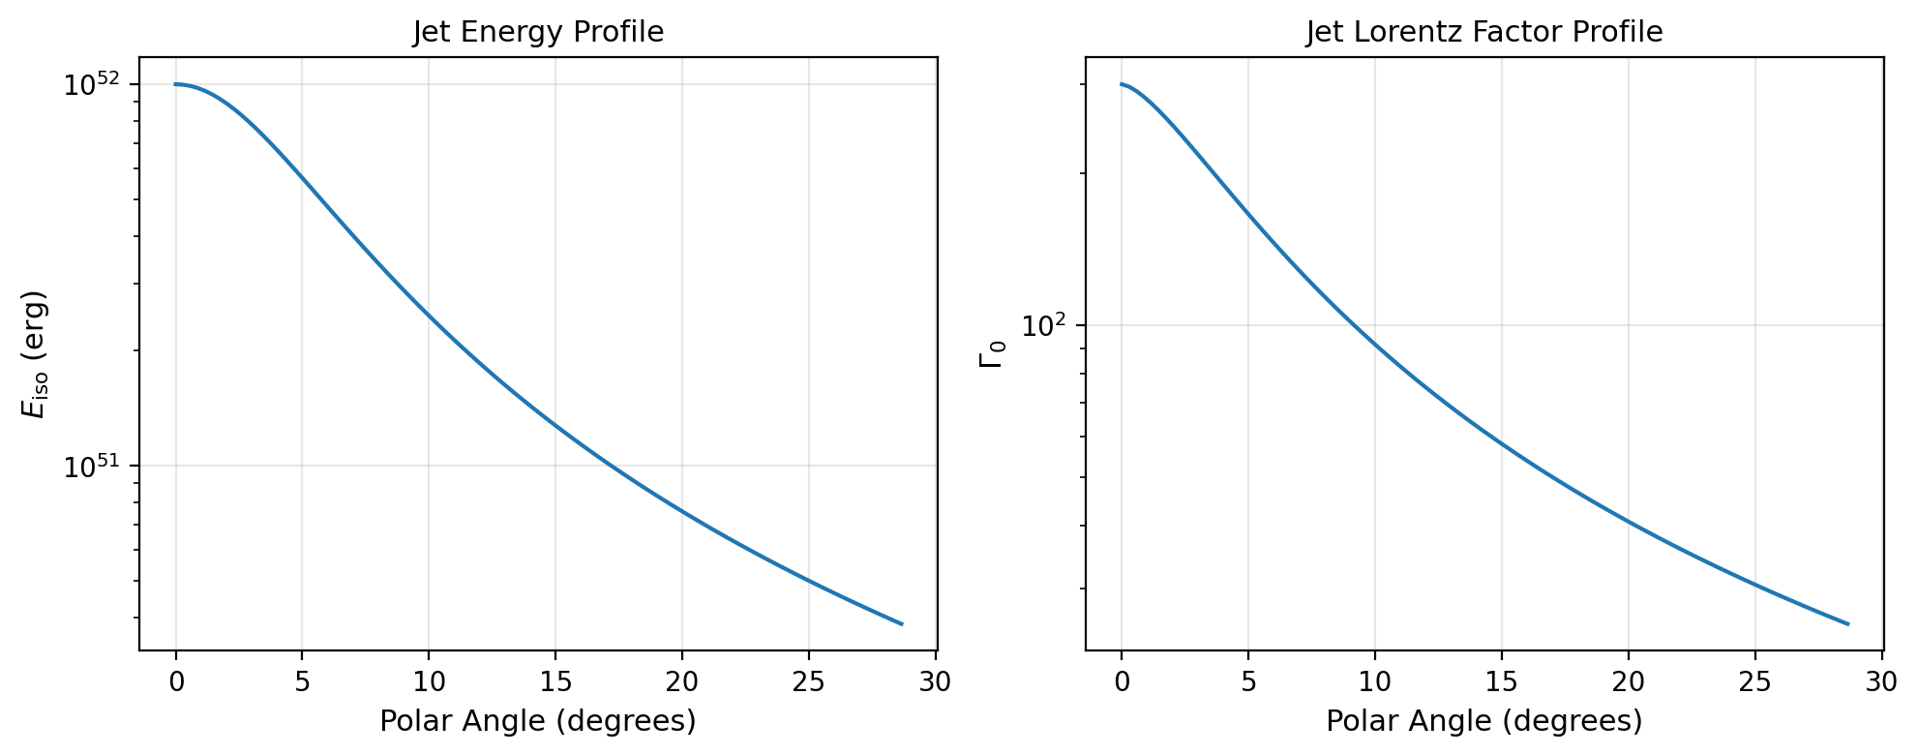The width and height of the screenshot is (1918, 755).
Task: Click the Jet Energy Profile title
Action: [538, 33]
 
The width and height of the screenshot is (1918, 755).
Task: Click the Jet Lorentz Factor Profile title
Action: [1483, 33]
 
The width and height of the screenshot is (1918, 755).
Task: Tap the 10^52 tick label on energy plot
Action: [91, 85]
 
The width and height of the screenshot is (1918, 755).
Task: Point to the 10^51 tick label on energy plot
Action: [91, 467]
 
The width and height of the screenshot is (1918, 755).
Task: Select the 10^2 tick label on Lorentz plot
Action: [1043, 326]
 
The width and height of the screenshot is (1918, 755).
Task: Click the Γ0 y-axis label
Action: [993, 354]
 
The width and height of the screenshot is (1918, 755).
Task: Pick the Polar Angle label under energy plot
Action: [538, 722]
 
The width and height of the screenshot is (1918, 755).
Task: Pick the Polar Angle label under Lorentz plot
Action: [1483, 722]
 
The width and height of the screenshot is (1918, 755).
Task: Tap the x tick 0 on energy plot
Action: [176, 682]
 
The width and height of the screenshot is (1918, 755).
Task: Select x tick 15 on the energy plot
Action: [555, 682]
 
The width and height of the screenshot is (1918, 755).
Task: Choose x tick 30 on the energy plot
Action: [935, 682]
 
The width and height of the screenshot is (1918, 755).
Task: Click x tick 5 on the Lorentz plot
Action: [1248, 682]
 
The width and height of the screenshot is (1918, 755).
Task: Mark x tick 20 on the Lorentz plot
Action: [1629, 682]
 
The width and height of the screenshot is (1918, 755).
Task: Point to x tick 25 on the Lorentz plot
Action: [1754, 682]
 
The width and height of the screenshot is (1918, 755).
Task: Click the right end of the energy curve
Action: [902, 624]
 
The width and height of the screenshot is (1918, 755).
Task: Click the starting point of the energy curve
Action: [176, 84]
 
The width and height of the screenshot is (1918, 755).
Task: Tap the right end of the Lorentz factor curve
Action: [1847, 624]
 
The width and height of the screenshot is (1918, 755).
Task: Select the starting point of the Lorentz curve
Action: [1122, 84]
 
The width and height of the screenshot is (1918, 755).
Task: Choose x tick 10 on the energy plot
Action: [429, 682]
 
